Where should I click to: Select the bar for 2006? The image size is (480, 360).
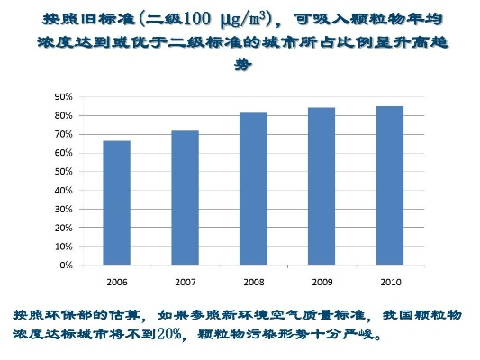(x=116, y=203)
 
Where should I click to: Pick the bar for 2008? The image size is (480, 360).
(x=253, y=189)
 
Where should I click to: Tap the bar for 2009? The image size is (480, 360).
(x=322, y=186)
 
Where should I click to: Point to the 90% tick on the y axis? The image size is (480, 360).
(x=62, y=96)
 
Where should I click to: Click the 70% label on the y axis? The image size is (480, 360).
(x=62, y=134)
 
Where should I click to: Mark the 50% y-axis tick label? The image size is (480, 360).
(x=62, y=172)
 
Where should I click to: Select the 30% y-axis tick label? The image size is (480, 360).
(x=62, y=210)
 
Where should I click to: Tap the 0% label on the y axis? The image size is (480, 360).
(x=65, y=265)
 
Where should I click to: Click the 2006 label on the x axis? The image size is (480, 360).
(x=116, y=282)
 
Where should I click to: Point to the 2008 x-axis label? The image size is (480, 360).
(x=253, y=282)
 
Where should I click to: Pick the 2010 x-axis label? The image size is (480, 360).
(x=390, y=282)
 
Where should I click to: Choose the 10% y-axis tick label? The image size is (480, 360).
(x=62, y=247)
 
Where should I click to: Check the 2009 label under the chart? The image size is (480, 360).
(x=322, y=282)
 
